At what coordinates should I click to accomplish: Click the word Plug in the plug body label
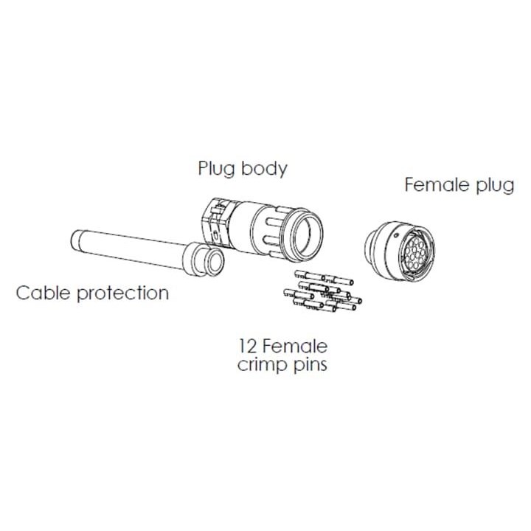click(216, 169)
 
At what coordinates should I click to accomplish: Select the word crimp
click(260, 364)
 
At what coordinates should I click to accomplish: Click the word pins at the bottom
click(309, 365)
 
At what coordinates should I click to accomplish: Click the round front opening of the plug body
click(305, 235)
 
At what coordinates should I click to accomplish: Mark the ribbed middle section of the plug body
click(263, 228)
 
